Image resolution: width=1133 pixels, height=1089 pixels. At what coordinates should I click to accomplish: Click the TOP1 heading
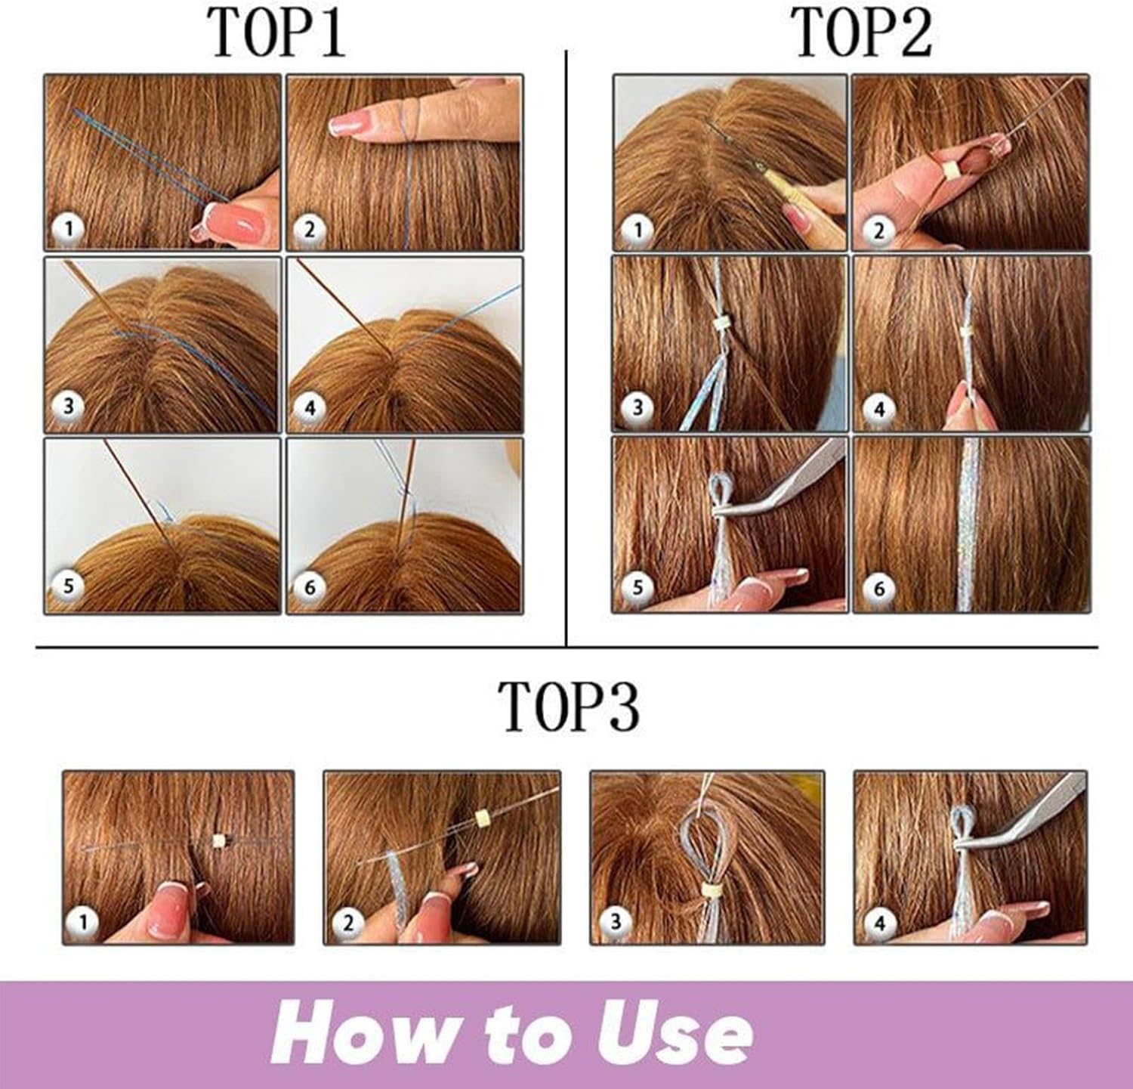tap(277, 34)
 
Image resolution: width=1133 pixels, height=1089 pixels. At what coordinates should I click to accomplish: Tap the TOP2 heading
tap(861, 34)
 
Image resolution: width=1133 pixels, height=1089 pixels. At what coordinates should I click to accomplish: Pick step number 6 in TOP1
tap(310, 586)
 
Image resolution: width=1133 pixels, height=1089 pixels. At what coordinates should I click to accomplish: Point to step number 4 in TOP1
tap(310, 409)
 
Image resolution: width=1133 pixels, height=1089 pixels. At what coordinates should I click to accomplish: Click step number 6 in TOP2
tap(878, 589)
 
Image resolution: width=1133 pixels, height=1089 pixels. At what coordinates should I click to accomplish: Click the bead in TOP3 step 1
tap(220, 840)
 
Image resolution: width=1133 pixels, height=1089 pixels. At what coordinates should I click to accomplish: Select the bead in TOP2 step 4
tap(965, 333)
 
